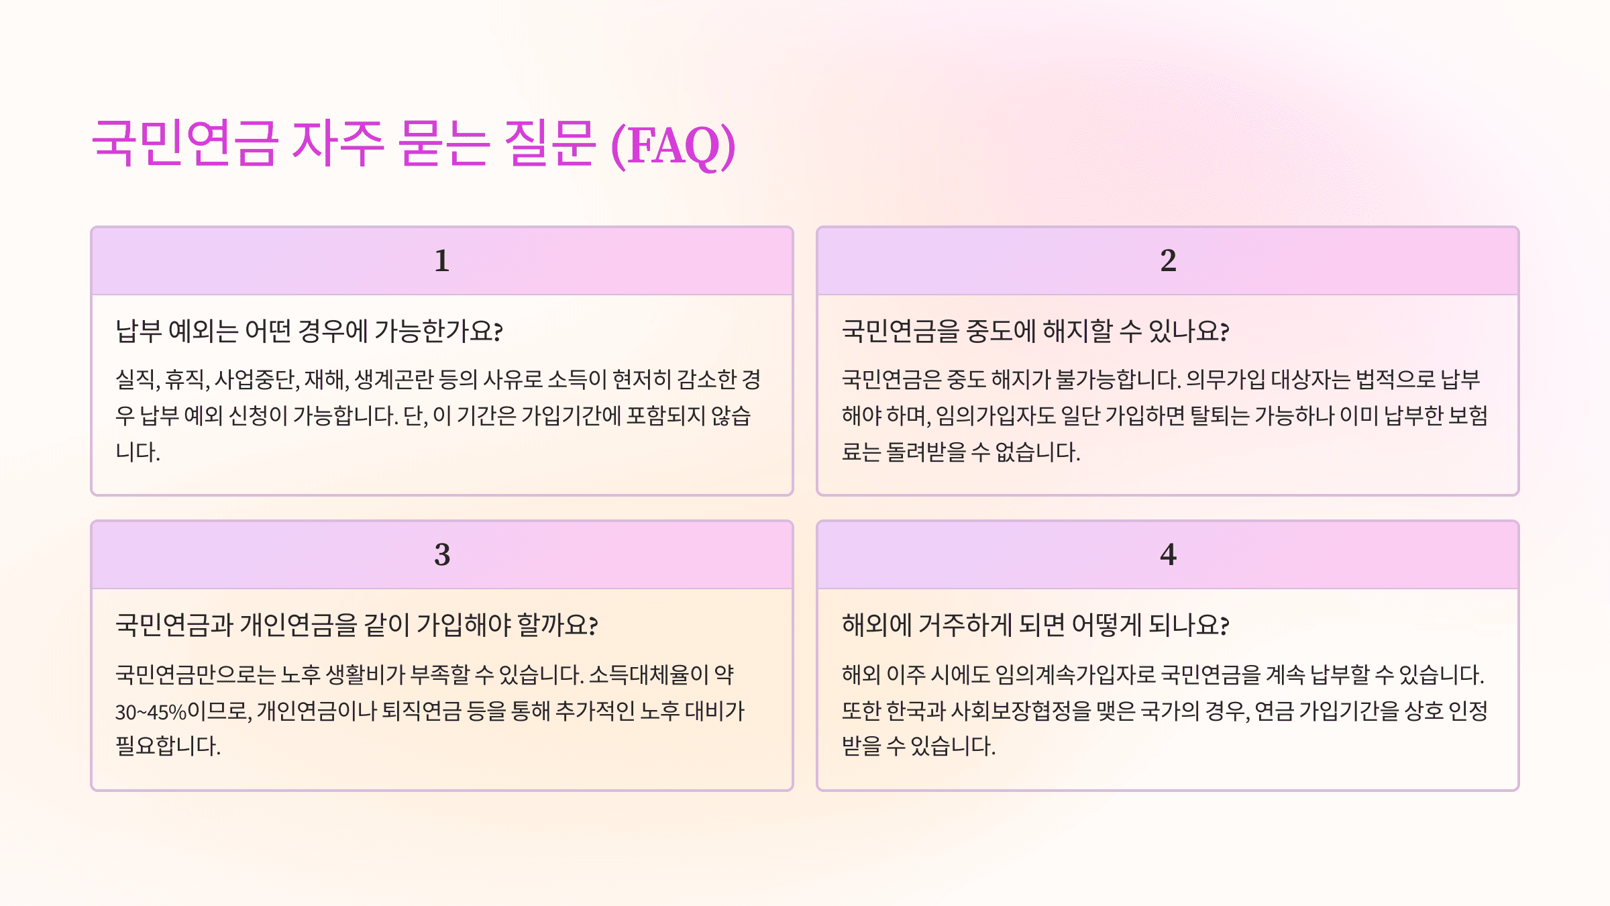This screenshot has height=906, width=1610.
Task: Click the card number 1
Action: pyautogui.click(x=441, y=260)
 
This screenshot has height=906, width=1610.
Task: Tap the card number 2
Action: pyautogui.click(x=1168, y=260)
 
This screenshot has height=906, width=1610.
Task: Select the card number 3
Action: pyautogui.click(x=441, y=554)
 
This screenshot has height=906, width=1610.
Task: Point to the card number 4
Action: pyautogui.click(x=1168, y=554)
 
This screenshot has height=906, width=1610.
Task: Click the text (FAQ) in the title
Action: pyautogui.click(x=673, y=145)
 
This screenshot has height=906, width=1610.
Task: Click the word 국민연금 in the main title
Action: pyautogui.click(x=184, y=144)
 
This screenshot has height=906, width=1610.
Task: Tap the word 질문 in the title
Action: pyautogui.click(x=549, y=144)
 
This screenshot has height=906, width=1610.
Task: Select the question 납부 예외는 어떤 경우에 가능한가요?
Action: pyautogui.click(x=309, y=331)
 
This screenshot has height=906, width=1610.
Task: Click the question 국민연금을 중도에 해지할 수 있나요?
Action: pyautogui.click(x=1035, y=331)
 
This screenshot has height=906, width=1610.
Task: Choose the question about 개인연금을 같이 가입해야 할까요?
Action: pyautogui.click(x=356, y=625)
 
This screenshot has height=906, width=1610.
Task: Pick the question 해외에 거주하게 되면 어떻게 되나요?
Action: pyautogui.click(x=1035, y=625)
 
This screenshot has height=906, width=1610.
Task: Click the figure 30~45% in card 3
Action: pyautogui.click(x=150, y=711)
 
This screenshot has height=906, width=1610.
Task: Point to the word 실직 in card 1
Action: pyautogui.click(x=136, y=380)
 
